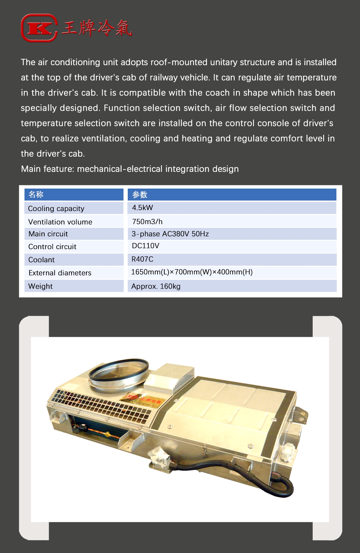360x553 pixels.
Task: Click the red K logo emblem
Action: click(x=39, y=28)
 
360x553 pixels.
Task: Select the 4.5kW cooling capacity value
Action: click(x=142, y=208)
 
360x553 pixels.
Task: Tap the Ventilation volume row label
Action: click(x=60, y=222)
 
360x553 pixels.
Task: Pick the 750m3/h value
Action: click(x=147, y=222)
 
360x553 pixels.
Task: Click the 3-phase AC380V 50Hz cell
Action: click(x=170, y=234)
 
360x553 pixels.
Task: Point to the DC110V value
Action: click(x=145, y=246)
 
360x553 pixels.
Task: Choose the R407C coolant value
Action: click(x=142, y=259)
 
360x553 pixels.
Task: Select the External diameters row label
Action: click(x=60, y=273)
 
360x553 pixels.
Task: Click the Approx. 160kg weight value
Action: click(x=156, y=286)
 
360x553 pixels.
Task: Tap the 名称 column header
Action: click(x=36, y=194)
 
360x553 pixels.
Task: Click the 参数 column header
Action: click(x=140, y=194)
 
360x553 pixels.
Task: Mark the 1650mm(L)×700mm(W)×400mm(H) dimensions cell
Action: click(x=192, y=272)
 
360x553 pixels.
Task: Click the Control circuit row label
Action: click(x=52, y=247)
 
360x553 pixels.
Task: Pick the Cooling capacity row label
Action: click(x=56, y=209)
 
